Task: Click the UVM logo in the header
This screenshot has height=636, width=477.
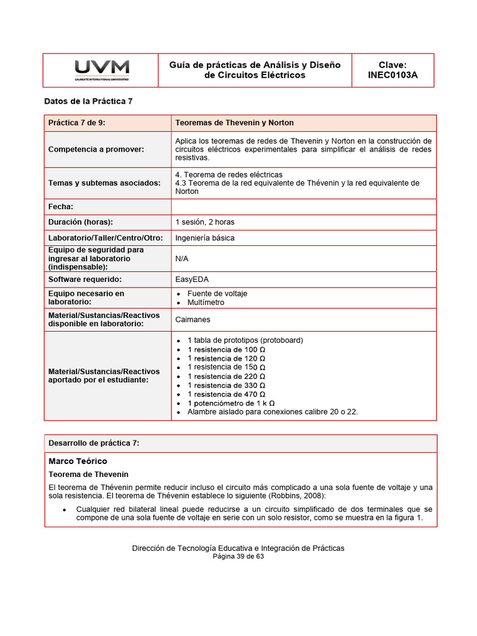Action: [102, 70]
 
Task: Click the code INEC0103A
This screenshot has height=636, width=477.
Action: [393, 75]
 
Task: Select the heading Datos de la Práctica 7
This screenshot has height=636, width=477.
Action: [88, 101]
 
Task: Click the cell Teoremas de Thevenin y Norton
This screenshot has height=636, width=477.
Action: [234, 123]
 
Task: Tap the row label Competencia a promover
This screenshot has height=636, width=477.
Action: [96, 149]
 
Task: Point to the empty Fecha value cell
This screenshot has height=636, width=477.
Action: [303, 207]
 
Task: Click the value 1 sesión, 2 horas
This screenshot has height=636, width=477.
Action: [205, 222]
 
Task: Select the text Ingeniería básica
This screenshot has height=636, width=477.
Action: [205, 238]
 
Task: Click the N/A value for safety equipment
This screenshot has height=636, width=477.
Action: [182, 258]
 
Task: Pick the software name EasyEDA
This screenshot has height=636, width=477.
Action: [192, 279]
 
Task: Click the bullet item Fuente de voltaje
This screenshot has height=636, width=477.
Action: [217, 294]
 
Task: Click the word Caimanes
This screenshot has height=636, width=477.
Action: [193, 320]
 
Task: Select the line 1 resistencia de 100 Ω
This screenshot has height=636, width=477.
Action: [226, 350]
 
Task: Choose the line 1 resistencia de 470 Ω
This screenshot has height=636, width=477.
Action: [226, 394]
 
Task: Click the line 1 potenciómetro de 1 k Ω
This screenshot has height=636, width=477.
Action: [231, 403]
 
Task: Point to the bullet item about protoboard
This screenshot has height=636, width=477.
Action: [245, 340]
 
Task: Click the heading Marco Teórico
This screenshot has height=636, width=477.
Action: [78, 461]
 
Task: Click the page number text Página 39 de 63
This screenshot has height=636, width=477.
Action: [238, 557]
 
